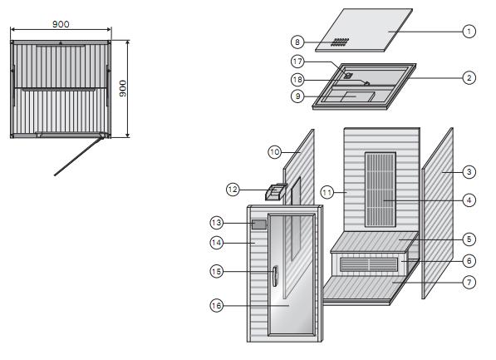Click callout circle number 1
[469, 32]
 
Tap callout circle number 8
[297, 42]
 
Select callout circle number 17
[297, 62]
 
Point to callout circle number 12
[233, 190]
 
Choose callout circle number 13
[216, 223]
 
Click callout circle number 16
[216, 305]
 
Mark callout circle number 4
[469, 200]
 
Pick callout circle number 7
[469, 282]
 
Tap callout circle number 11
[327, 192]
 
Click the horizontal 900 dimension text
[61, 24]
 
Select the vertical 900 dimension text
[123, 88]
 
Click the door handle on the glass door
[275, 276]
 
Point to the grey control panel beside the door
[259, 224]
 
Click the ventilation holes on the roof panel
[340, 42]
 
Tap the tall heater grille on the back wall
[381, 190]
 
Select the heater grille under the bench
[369, 264]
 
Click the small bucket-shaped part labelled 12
[276, 192]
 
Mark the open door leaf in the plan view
[78, 155]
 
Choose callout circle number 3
[469, 172]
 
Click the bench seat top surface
[375, 242]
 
